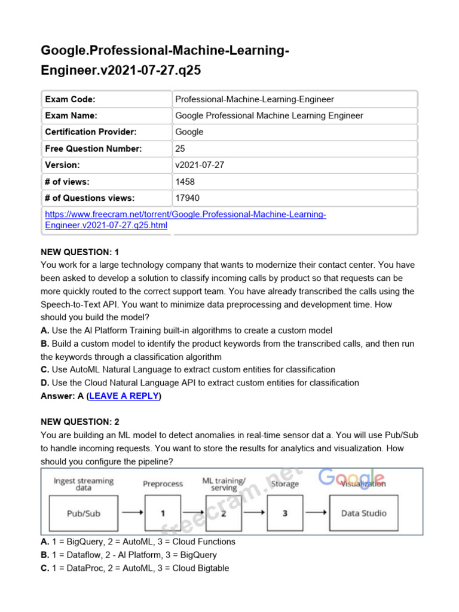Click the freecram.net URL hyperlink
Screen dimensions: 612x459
tap(185, 220)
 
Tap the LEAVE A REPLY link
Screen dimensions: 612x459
tap(124, 396)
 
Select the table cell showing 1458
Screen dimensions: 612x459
tap(185, 182)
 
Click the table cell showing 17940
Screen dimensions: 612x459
tap(187, 198)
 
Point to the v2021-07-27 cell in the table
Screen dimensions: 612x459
tap(199, 165)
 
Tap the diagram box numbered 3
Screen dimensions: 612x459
tap(284, 513)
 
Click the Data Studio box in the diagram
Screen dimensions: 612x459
tap(363, 513)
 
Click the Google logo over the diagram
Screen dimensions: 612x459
tap(351, 478)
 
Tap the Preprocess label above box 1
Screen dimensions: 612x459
tap(163, 484)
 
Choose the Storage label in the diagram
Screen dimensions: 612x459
tap(284, 484)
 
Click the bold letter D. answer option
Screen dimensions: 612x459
tap(45, 382)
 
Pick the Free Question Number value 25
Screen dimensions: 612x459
tap(180, 149)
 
